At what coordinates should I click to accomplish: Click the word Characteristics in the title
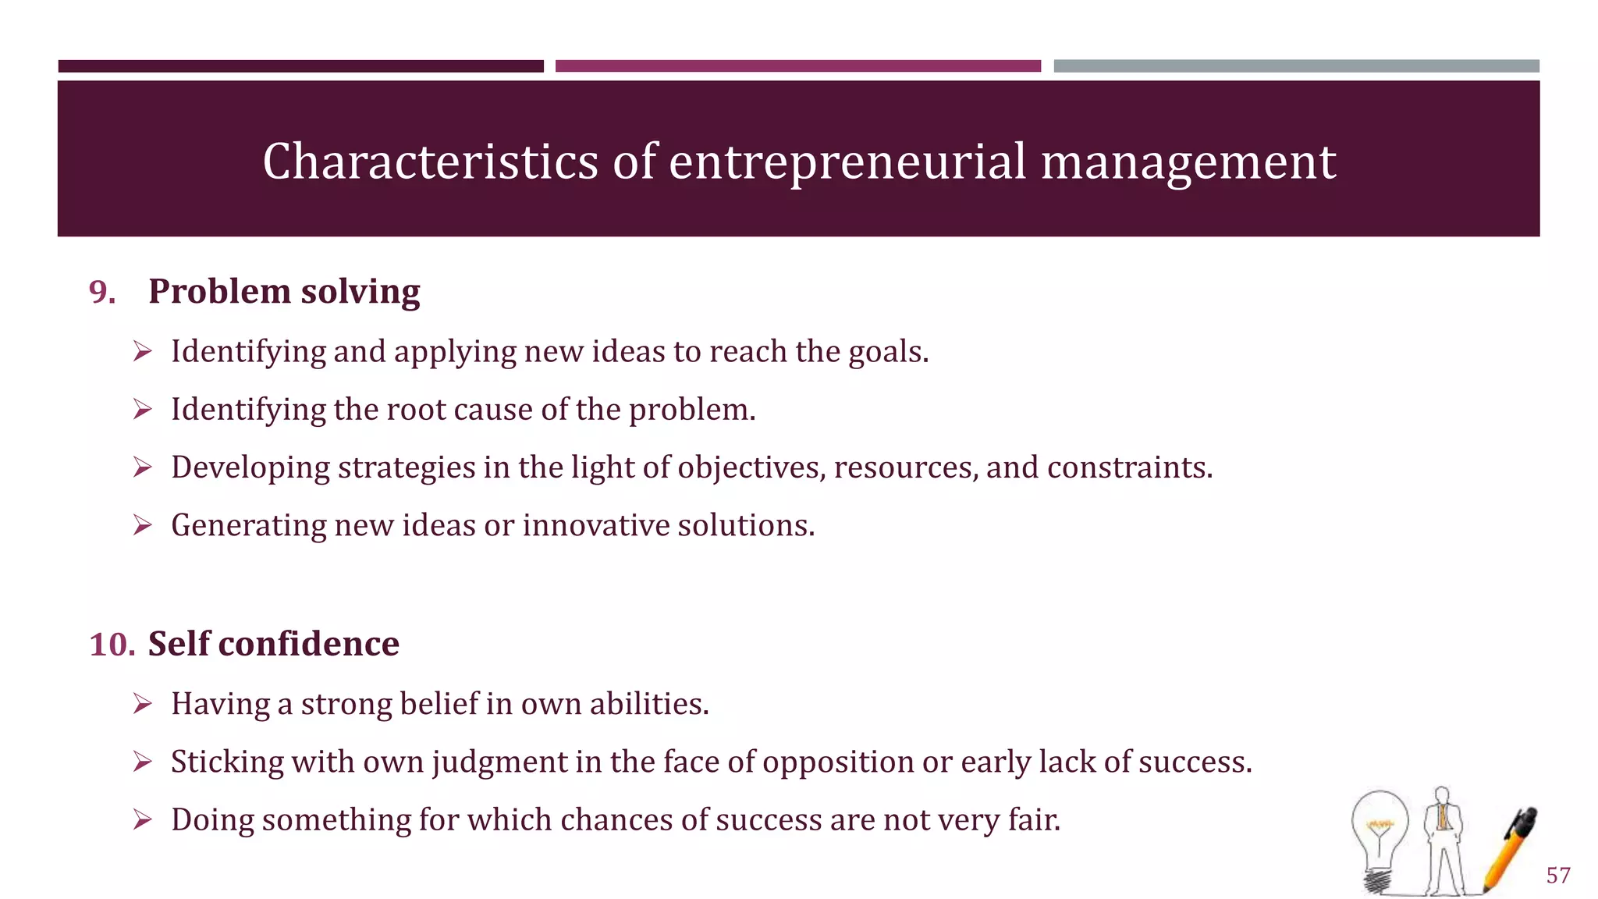point(431,162)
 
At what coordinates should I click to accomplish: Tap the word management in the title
point(1188,162)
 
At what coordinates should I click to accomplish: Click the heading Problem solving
point(284,291)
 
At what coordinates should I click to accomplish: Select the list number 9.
point(102,292)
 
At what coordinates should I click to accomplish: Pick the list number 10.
point(112,645)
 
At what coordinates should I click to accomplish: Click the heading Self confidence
point(273,644)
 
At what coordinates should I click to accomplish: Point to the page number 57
point(1558,875)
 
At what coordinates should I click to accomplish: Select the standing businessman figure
point(1443,839)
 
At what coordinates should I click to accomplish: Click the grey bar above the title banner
point(1296,66)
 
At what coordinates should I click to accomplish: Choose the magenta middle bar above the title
point(797,66)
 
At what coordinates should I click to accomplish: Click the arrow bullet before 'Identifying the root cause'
point(142,410)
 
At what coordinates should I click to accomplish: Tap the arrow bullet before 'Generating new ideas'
point(142,525)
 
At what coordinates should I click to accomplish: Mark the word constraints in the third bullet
point(1128,467)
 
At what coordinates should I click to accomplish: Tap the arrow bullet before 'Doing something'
point(142,820)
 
